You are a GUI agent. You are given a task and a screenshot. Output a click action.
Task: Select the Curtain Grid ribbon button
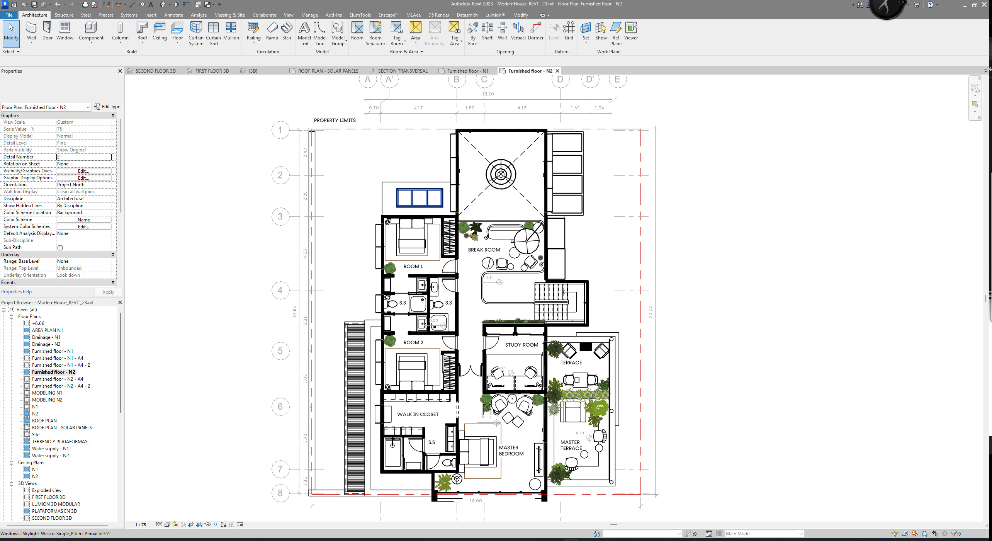213,33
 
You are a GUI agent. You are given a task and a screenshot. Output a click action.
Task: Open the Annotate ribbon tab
173,15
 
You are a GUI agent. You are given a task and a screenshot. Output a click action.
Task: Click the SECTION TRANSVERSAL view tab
402,71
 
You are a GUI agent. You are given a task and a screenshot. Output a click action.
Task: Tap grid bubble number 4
280,291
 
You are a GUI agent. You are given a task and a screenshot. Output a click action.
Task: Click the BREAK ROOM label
484,250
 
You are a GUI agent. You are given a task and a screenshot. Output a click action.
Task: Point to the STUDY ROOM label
521,345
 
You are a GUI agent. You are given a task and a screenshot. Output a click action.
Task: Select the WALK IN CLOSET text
418,415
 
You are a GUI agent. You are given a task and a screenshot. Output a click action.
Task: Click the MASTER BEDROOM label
511,451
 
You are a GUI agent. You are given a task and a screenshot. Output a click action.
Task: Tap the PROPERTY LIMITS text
335,121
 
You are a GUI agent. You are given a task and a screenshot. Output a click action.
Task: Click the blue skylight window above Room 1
419,198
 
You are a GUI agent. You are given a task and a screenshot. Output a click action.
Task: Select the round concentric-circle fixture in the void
501,174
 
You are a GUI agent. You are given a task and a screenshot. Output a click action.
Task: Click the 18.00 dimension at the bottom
476,501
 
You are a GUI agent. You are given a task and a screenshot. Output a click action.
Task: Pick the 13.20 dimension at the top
488,94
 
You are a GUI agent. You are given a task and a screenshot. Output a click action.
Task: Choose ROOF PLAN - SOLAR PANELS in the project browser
62,428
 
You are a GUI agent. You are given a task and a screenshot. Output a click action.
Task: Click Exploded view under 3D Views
46,490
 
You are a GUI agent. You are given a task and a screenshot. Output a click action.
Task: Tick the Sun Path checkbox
60,248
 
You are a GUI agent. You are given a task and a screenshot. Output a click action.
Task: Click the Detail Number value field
84,157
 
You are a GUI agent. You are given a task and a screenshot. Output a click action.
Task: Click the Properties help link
16,292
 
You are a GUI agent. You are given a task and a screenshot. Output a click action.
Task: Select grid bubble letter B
457,80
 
